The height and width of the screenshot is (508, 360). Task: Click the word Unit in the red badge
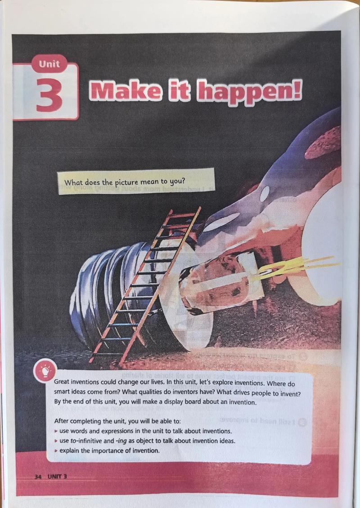click(x=49, y=64)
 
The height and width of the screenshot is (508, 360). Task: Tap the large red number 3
click(x=49, y=95)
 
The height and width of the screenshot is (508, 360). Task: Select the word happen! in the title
click(x=249, y=92)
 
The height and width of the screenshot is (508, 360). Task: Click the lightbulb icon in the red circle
click(x=45, y=370)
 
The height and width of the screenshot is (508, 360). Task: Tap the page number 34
click(x=38, y=477)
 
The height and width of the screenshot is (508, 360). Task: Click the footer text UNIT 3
click(x=57, y=477)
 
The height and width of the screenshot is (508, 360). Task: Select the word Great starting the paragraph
click(x=62, y=382)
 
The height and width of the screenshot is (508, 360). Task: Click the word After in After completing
click(x=61, y=421)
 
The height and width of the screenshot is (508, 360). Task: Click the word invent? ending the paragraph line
click(x=289, y=394)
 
